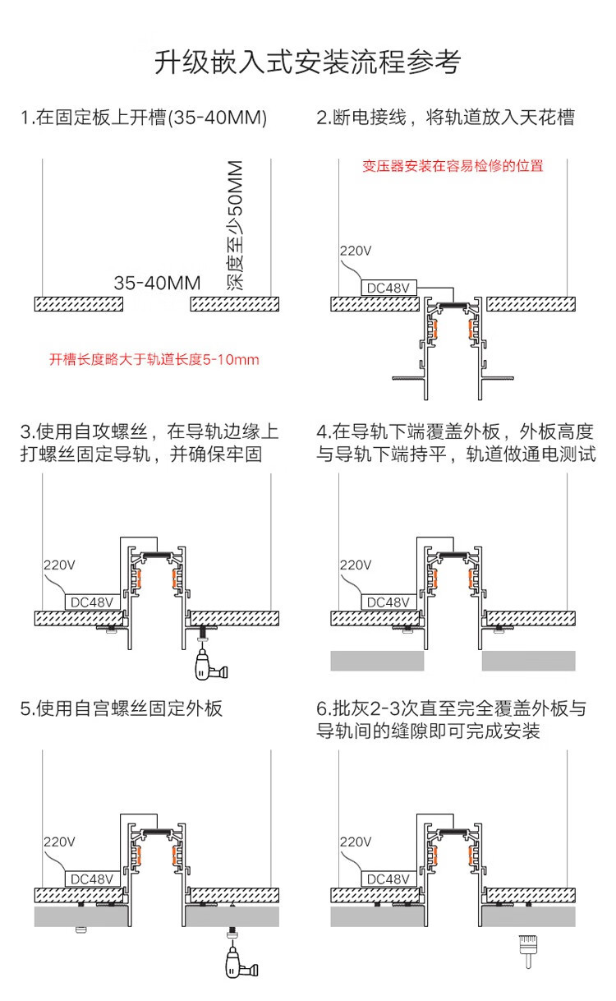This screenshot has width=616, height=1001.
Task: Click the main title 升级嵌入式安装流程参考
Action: (x=307, y=62)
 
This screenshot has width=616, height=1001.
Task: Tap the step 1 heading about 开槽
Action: (x=145, y=118)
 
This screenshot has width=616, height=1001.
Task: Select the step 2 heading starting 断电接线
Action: (x=445, y=118)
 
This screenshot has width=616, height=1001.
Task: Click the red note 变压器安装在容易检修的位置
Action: (x=453, y=166)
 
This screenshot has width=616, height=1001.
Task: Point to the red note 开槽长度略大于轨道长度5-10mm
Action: (x=154, y=359)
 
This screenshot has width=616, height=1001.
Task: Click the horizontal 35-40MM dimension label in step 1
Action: (x=158, y=284)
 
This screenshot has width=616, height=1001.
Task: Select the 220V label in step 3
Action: (x=59, y=565)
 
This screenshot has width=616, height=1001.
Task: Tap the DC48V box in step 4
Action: (x=388, y=602)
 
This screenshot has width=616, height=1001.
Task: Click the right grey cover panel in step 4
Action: (x=528, y=660)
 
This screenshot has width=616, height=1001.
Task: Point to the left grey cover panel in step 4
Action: (x=377, y=660)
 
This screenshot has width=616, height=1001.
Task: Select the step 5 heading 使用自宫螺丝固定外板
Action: (x=122, y=708)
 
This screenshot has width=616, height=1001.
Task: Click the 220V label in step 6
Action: (x=356, y=843)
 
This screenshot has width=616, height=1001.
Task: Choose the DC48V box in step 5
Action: (x=92, y=879)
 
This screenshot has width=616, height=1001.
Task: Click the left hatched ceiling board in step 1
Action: (x=79, y=304)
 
